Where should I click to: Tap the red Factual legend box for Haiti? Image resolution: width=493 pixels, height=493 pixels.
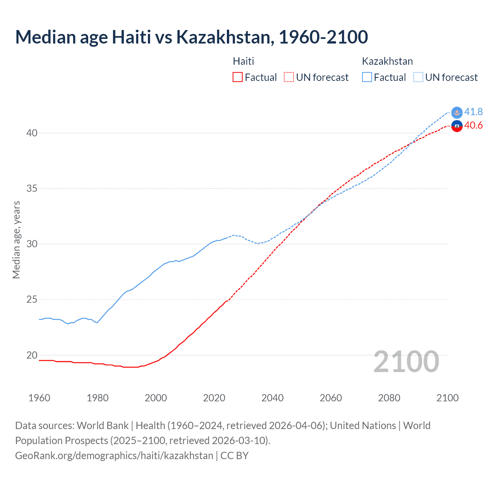(x=238, y=77)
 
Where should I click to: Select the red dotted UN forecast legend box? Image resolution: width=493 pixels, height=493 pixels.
(x=289, y=77)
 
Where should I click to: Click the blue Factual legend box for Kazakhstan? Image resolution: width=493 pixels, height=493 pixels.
(x=367, y=77)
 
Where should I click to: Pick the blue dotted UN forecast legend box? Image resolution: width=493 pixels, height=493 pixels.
(x=418, y=77)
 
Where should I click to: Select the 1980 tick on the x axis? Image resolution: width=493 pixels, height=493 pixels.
(x=97, y=398)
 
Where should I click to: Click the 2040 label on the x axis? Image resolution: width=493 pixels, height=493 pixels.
(x=272, y=398)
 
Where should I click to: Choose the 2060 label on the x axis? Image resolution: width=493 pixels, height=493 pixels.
(x=331, y=398)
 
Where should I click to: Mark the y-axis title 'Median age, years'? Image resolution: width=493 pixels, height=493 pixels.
(x=16, y=240)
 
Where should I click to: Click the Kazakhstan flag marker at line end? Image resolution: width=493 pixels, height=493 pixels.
(x=457, y=112)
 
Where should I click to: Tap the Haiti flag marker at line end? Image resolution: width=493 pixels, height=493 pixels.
(x=457, y=126)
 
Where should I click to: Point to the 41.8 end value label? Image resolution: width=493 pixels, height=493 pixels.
(x=473, y=112)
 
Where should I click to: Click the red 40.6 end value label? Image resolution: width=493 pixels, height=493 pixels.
(x=473, y=126)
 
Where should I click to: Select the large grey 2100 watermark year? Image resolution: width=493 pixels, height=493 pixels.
(x=406, y=361)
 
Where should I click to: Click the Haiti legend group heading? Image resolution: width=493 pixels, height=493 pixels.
(x=243, y=61)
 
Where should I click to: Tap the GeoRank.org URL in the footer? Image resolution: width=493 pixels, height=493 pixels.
(x=114, y=456)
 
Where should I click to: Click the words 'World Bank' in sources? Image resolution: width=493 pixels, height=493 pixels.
(x=102, y=426)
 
